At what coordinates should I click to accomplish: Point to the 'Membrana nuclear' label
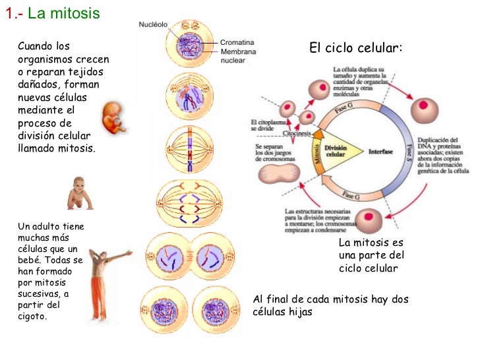click(239, 55)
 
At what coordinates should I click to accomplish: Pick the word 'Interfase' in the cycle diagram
click(380, 152)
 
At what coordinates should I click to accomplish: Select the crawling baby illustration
click(80, 193)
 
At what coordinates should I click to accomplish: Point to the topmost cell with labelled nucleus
click(190, 45)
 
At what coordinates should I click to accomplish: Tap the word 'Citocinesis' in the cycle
click(298, 133)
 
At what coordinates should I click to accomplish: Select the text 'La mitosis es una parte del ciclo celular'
click(371, 256)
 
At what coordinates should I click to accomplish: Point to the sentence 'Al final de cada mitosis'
click(330, 300)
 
